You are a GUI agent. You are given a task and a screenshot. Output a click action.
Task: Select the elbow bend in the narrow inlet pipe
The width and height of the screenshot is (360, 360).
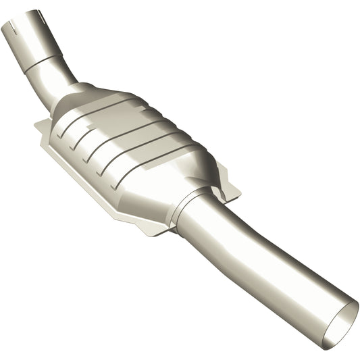click(x=57, y=82)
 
